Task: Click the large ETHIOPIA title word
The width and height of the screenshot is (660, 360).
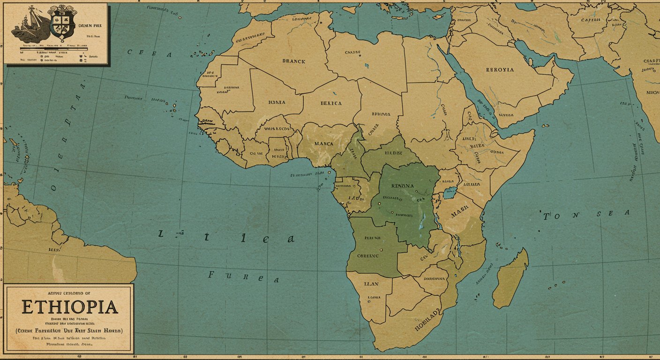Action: pyautogui.click(x=69, y=307)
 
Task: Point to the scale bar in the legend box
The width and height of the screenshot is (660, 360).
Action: pyautogui.click(x=54, y=48)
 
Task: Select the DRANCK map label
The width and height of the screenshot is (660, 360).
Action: pyautogui.click(x=293, y=61)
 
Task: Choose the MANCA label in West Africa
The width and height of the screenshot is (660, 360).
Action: pyautogui.click(x=324, y=143)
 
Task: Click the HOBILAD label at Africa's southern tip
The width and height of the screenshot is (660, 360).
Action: pyautogui.click(x=427, y=320)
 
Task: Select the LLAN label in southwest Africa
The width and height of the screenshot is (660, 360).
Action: pyautogui.click(x=371, y=284)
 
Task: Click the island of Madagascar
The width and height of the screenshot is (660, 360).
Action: pyautogui.click(x=511, y=279)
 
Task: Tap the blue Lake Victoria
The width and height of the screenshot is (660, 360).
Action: pyautogui.click(x=450, y=192)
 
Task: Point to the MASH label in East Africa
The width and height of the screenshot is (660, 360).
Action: pyautogui.click(x=460, y=215)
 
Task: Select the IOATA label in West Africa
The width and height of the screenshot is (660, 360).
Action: pyautogui.click(x=276, y=102)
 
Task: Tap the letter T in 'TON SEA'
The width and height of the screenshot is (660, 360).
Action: pyautogui.click(x=547, y=217)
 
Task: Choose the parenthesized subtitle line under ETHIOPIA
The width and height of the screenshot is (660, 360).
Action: pyautogui.click(x=69, y=330)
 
